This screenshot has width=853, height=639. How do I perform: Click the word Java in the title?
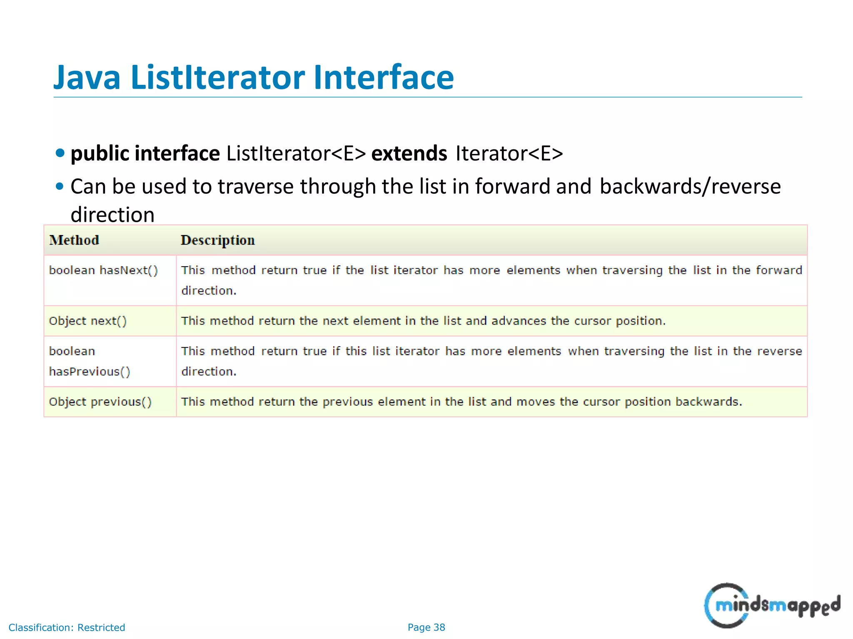[87, 78]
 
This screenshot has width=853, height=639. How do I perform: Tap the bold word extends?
[409, 154]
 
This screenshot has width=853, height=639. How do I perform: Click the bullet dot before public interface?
[60, 153]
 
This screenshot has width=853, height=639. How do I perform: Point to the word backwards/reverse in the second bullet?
[690, 186]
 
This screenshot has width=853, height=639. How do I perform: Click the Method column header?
[74, 240]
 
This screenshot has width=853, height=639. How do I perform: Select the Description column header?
[217, 240]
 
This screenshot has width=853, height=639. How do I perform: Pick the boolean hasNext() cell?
[103, 270]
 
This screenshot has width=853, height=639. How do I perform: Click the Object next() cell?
[88, 321]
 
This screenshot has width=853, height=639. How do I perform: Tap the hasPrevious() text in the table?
[90, 372]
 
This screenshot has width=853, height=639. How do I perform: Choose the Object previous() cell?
[100, 402]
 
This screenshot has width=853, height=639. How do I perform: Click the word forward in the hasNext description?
[779, 270]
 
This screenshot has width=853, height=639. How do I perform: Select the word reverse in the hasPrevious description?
[779, 352]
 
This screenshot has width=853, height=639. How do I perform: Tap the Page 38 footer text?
[426, 627]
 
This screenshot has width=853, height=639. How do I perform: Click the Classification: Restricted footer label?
[67, 627]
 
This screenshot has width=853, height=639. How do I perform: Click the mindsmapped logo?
[772, 606]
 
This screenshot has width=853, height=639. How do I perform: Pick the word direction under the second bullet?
[112, 215]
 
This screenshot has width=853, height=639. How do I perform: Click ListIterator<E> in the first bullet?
[296, 154]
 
